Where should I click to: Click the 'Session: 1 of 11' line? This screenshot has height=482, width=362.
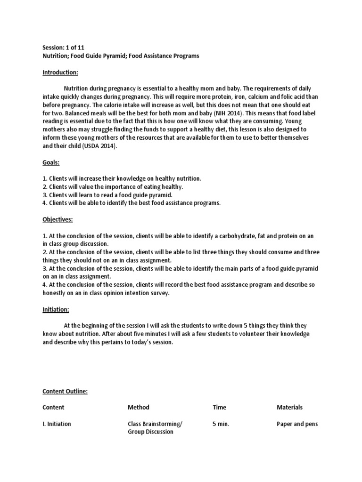coord(64,48)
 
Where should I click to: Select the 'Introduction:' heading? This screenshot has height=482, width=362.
coord(60,72)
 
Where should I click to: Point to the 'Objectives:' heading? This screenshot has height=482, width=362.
coord(58,219)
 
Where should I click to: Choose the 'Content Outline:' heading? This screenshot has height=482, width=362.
coord(65,391)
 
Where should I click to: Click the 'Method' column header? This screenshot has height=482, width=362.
coord(138,407)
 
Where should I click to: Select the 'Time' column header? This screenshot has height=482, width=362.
coord(219,407)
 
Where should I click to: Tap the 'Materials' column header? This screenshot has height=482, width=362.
coord(289,407)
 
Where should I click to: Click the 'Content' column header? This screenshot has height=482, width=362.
coord(53,407)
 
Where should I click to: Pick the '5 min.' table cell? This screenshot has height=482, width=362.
coord(221,424)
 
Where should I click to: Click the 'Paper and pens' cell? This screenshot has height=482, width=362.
coord(297,424)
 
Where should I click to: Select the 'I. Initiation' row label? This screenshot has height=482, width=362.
coord(57,424)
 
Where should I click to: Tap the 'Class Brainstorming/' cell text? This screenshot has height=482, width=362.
coord(155,424)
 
